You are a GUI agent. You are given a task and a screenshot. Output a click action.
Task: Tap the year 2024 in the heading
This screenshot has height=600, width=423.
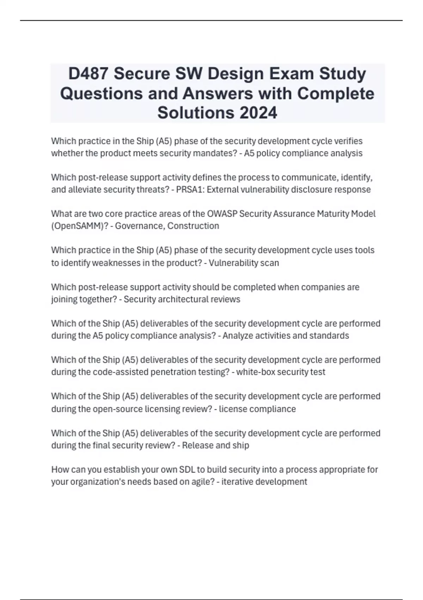[258, 113]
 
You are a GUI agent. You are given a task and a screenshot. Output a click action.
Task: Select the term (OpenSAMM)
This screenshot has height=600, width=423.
[80, 226]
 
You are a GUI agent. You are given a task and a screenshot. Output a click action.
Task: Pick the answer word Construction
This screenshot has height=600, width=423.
[193, 226]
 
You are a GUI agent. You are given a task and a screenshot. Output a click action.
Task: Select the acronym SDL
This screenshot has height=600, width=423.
[187, 470]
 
